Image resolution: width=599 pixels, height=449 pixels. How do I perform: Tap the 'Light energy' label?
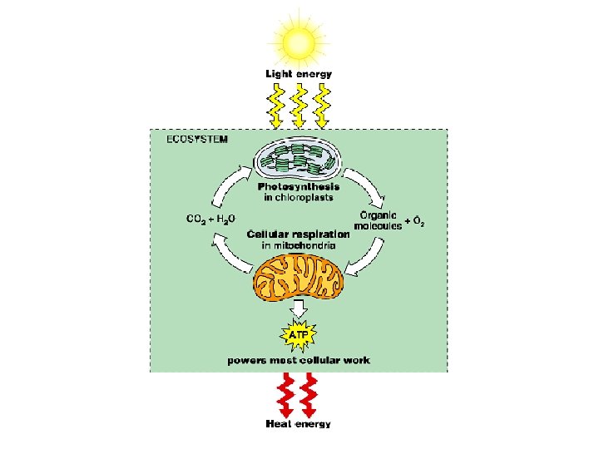[x=299, y=74]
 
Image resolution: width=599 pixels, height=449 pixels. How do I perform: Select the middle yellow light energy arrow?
[x=299, y=106]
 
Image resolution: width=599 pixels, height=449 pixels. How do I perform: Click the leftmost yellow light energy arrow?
[x=276, y=106]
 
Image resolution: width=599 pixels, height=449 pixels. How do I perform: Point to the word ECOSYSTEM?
[x=197, y=139]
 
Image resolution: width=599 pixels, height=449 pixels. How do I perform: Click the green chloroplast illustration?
[x=297, y=161]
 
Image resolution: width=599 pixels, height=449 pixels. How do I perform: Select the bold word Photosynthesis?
[x=298, y=187]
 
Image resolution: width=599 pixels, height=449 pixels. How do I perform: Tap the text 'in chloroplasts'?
[x=298, y=198]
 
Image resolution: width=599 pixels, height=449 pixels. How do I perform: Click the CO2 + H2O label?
[x=210, y=219]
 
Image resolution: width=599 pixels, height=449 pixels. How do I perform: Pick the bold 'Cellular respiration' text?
[x=299, y=235]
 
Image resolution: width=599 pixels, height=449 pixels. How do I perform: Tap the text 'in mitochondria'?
[x=299, y=246]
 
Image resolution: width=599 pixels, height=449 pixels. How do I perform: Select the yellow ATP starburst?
[x=299, y=336]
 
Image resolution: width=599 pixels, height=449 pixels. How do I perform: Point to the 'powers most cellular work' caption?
[x=299, y=360]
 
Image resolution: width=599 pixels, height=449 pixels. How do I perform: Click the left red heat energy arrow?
[x=286, y=395]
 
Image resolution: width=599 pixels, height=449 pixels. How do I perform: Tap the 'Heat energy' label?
[x=299, y=424]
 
